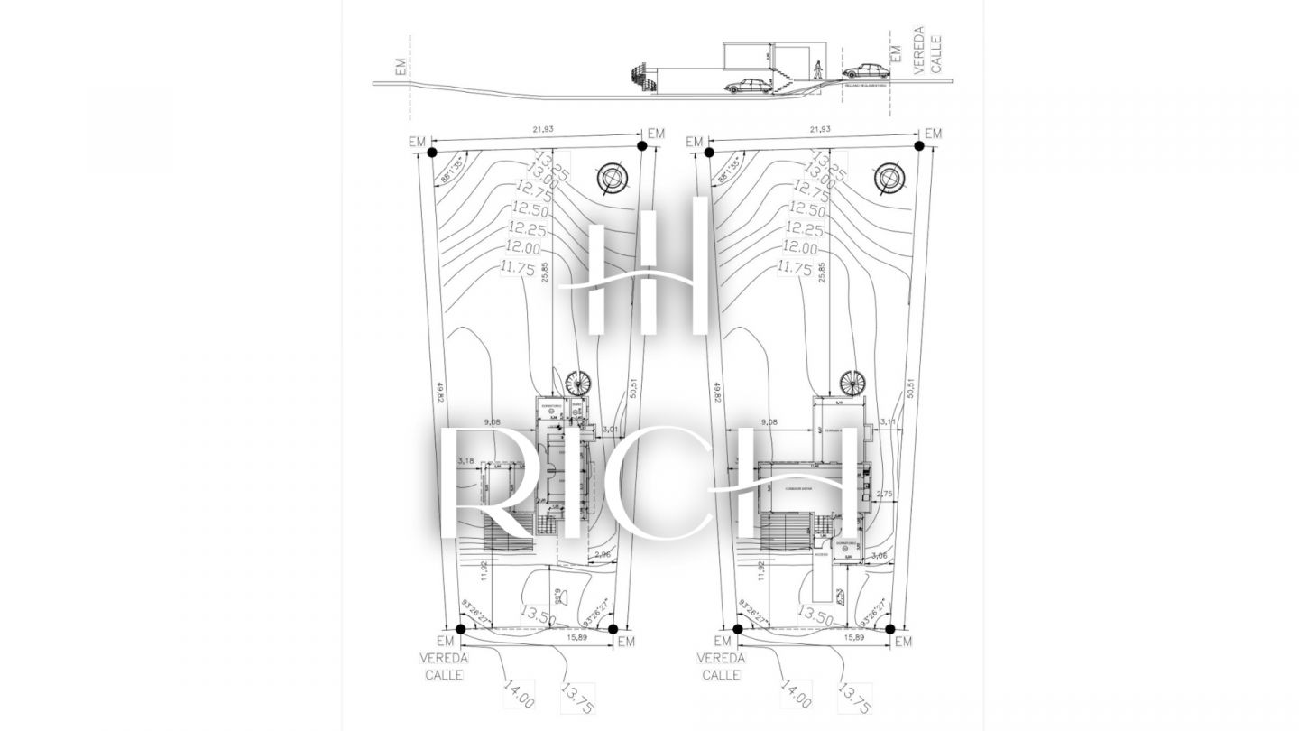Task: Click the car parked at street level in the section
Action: tap(863, 70)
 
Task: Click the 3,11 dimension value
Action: tap(887, 421)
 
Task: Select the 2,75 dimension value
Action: tap(884, 494)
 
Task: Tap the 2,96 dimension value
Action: tap(603, 555)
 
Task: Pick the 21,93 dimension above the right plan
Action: tap(821, 130)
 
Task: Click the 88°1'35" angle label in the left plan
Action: tap(452, 170)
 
